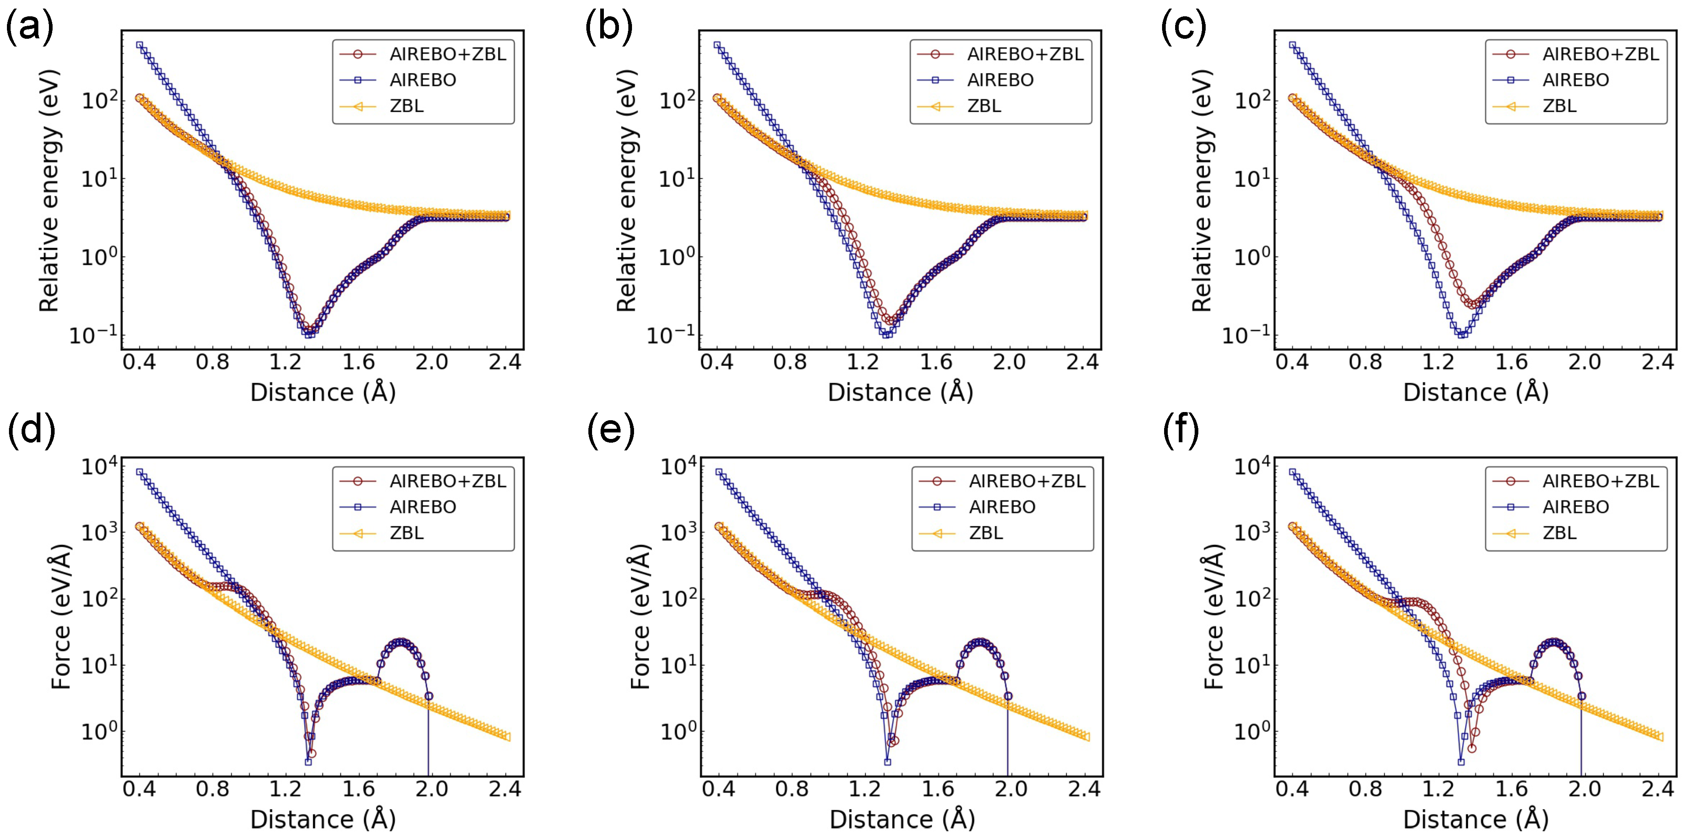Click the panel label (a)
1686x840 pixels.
29,29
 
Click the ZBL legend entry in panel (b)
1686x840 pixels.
984,105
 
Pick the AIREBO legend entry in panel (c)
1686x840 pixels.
1576,80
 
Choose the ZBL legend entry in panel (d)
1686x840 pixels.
407,533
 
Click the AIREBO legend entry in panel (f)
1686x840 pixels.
1576,507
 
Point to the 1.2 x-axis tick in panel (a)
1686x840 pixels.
286,362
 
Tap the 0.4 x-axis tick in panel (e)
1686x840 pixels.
719,789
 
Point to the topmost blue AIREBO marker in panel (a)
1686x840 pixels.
139,45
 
